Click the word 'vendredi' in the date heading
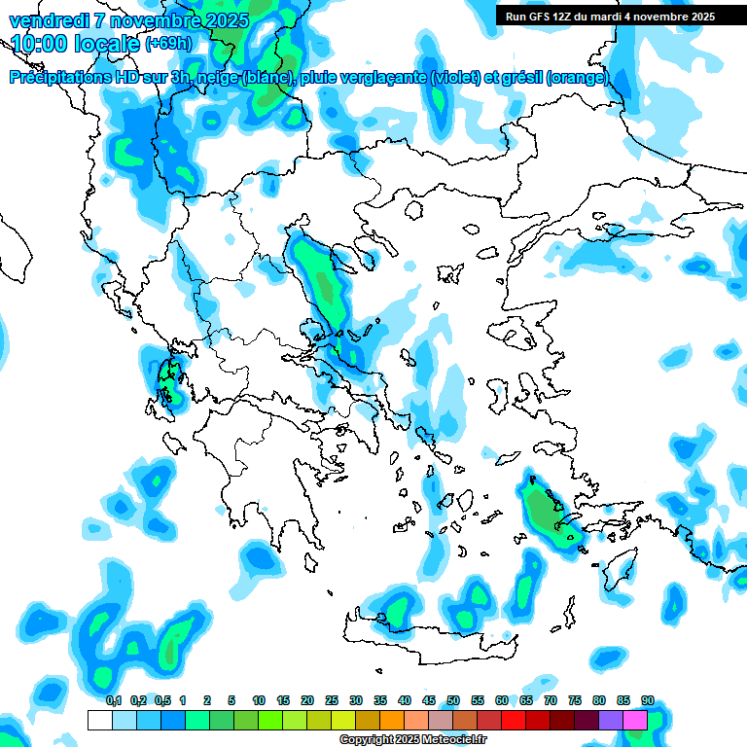(x=46, y=19)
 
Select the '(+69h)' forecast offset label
(x=168, y=43)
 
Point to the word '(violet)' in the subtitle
(x=455, y=78)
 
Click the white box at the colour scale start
(x=99, y=721)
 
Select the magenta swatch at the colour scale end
(x=635, y=721)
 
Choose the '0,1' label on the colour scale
(x=114, y=701)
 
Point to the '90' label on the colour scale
(x=648, y=701)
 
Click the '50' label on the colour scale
(x=453, y=701)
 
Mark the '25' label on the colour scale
(x=332, y=701)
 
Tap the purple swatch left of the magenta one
(x=611, y=721)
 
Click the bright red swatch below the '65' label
(x=514, y=721)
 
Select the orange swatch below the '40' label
(x=392, y=721)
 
